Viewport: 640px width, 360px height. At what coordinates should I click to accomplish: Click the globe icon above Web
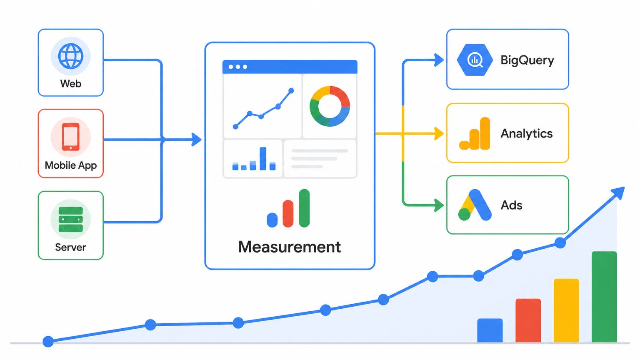tap(70, 56)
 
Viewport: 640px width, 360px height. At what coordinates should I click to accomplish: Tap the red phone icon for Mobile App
tap(70, 137)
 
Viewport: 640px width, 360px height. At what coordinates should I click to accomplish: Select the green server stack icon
tap(70, 219)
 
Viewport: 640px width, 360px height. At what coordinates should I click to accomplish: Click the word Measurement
tap(290, 247)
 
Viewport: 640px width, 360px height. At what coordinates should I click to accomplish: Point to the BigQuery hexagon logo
tap(475, 60)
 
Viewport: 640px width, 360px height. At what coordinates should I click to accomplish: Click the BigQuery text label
tap(527, 60)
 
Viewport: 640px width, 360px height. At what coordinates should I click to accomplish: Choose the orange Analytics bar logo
tap(475, 133)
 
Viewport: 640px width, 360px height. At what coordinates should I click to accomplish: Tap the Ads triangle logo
tap(475, 205)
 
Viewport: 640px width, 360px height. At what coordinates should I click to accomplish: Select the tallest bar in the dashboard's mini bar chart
tap(263, 159)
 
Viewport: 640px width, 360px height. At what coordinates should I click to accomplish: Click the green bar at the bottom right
tap(604, 297)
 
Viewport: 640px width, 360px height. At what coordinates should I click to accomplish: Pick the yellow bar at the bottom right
tap(566, 310)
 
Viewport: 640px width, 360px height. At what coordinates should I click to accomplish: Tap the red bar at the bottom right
tap(528, 320)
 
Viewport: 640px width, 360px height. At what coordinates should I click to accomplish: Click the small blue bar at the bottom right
tap(490, 330)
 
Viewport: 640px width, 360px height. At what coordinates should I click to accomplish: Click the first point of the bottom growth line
tap(48, 341)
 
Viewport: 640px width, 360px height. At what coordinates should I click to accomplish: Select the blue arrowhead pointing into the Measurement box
tap(196, 140)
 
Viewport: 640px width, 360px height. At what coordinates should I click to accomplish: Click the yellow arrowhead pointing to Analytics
tap(439, 133)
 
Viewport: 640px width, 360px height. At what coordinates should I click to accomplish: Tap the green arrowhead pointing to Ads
tap(439, 205)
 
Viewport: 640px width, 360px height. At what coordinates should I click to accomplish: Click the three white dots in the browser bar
tap(238, 67)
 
